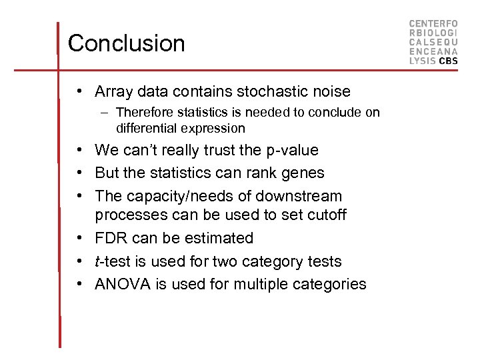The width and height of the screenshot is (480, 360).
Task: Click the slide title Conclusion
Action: tap(126, 43)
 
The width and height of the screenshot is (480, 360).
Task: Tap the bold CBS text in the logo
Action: tap(448, 61)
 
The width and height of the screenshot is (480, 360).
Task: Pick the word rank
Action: tap(257, 173)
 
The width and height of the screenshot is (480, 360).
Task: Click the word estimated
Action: tap(221, 239)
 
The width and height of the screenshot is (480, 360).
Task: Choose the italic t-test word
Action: tap(113, 262)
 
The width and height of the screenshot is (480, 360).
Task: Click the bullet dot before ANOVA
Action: tap(79, 285)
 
